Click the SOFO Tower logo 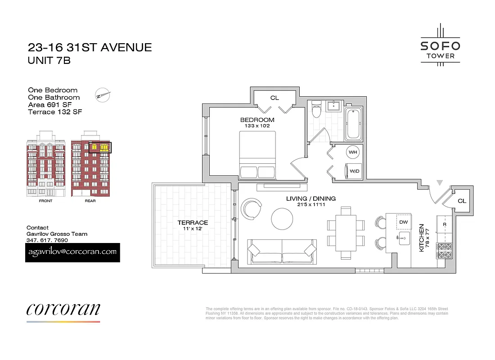coord(440,46)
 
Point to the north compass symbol coord(103,95)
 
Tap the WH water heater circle coord(352,152)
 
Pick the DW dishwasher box coord(403,222)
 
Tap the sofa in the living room coord(282,251)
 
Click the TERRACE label coord(193,222)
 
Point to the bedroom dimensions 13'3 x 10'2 coord(257,126)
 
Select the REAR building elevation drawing coord(90,164)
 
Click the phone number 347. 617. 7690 coord(47,240)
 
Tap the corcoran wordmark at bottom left coord(63,309)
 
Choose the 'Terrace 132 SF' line coord(55,112)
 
